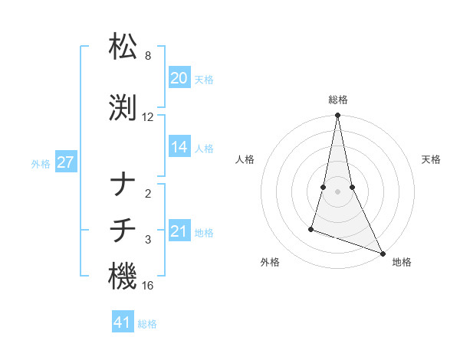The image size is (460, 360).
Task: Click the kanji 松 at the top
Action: tap(123, 47)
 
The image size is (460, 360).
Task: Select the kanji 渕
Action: tap(123, 109)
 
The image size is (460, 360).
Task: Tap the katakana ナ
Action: tap(123, 185)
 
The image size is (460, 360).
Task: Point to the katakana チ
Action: tap(123, 231)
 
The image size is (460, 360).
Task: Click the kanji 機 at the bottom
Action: tap(123, 277)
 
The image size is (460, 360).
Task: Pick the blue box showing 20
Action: tap(179, 78)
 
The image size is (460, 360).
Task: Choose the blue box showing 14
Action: tap(179, 147)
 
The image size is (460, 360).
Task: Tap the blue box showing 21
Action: tap(179, 231)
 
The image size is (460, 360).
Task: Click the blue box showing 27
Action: tap(66, 162)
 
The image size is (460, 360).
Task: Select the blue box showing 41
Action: tap(123, 322)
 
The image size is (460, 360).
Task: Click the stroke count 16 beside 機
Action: tap(148, 286)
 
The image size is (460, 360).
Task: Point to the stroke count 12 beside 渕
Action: tap(148, 117)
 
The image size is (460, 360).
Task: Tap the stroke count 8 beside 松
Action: tap(148, 56)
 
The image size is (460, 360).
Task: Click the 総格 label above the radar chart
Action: tap(337, 100)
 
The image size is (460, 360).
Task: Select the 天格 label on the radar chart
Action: tap(432, 159)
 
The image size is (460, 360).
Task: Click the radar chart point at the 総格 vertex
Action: tap(337, 116)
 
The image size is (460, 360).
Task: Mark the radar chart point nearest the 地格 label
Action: tap(382, 253)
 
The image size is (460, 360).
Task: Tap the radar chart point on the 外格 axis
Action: tap(311, 228)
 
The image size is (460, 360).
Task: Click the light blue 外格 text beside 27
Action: tap(41, 163)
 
